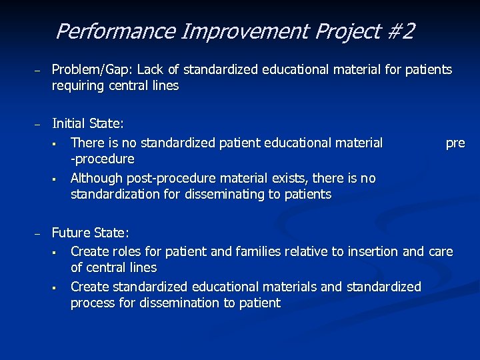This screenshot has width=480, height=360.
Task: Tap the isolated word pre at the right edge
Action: click(455, 143)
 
